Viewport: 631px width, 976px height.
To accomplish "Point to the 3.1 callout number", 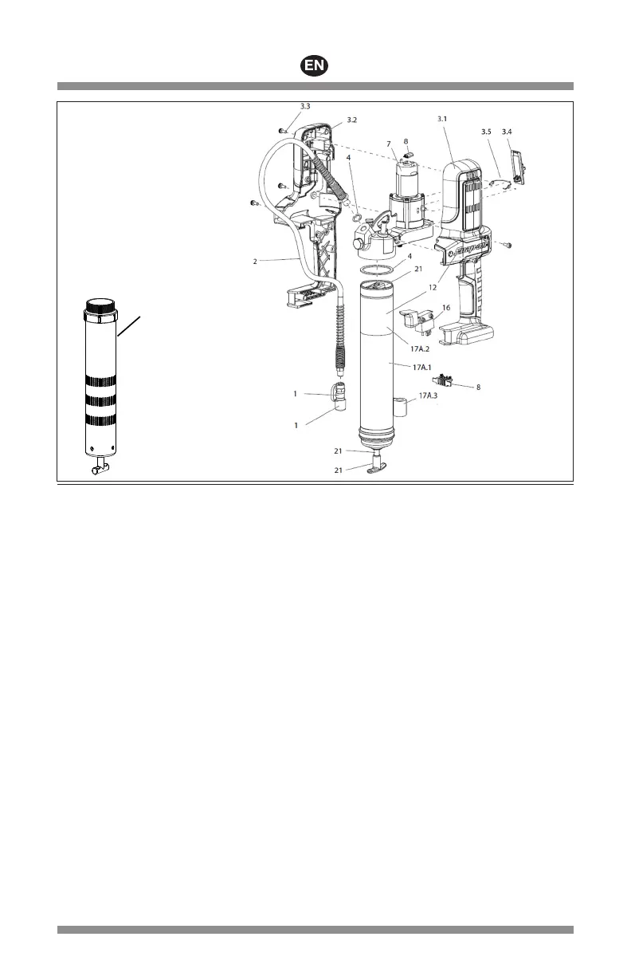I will click(x=443, y=120).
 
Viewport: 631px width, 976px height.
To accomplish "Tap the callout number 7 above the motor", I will click(x=389, y=144).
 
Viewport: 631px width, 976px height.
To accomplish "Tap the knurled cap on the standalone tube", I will click(x=101, y=305).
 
